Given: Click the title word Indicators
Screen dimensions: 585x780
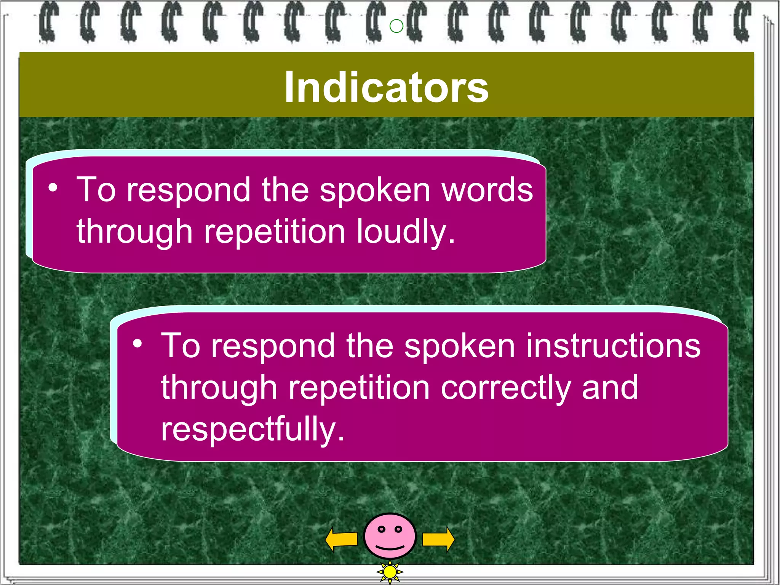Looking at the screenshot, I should (x=386, y=88).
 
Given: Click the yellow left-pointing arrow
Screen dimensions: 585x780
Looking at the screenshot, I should (x=341, y=539).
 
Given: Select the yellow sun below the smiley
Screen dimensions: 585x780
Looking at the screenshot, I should (x=390, y=572).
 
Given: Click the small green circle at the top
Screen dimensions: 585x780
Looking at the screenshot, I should (x=396, y=26).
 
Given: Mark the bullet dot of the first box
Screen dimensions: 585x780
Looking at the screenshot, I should (x=53, y=187).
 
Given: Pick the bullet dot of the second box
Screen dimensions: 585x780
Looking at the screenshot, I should (x=137, y=344).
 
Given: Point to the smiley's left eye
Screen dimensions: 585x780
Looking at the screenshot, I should (x=381, y=529).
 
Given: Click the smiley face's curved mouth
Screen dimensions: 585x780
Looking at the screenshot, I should (x=390, y=548).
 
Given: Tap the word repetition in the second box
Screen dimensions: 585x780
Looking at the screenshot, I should (x=359, y=388).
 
